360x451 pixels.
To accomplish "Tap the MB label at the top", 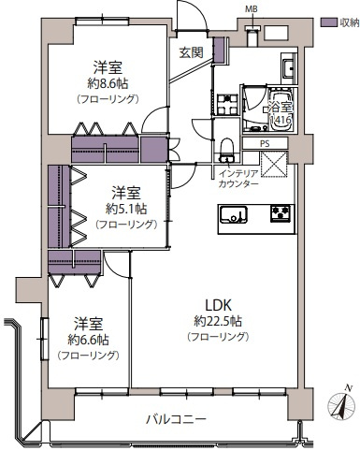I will tap(250, 9).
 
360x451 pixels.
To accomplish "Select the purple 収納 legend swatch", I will tap(327, 21).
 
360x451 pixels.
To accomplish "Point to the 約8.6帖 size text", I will tap(104, 81).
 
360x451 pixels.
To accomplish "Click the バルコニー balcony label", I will tap(175, 418).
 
